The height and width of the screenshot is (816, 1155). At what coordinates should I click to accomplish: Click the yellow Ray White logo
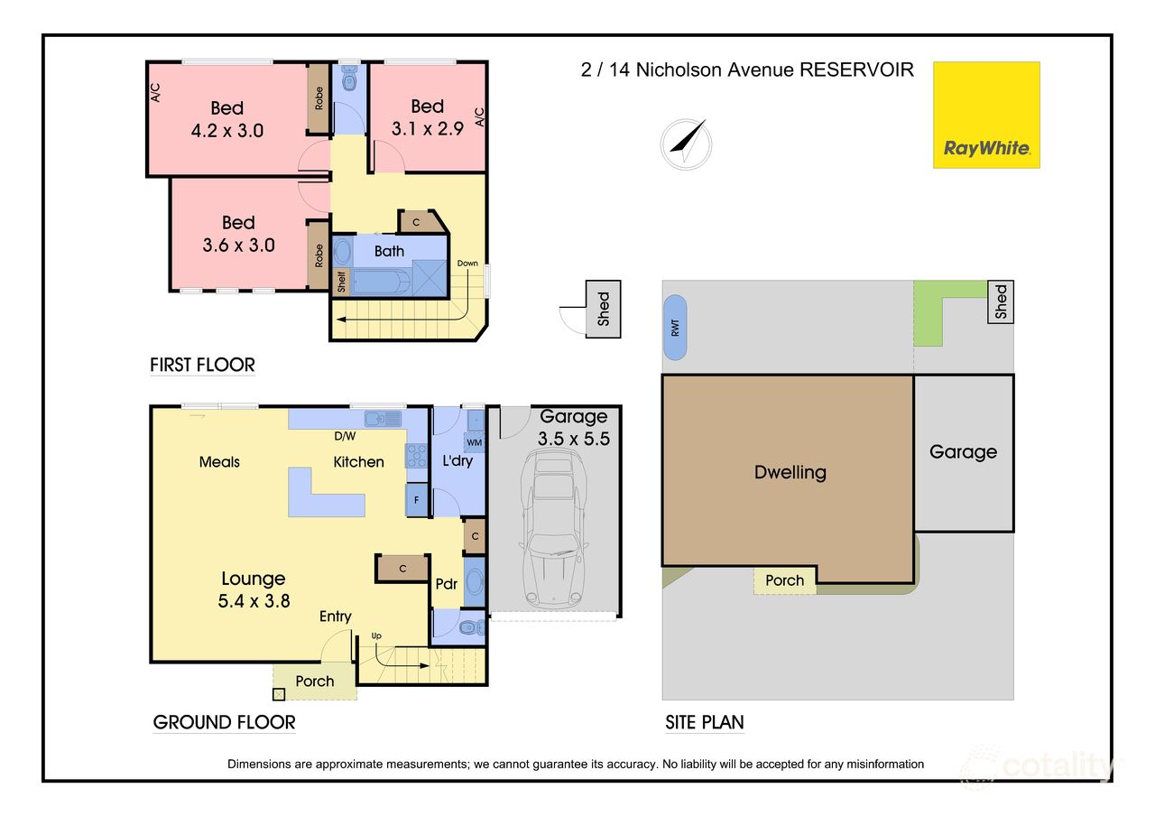986,115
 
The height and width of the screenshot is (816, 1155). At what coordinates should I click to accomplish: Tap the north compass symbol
686,144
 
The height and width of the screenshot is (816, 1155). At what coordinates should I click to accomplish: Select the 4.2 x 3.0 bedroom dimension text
227,130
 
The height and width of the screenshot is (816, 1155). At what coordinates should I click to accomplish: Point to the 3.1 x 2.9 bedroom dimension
427,128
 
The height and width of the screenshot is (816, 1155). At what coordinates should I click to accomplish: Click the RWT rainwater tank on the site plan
675,327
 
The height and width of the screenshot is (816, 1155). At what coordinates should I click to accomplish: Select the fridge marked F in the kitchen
416,499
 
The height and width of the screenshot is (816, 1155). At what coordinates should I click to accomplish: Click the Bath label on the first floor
389,251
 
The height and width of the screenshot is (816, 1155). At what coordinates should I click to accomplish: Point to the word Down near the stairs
467,264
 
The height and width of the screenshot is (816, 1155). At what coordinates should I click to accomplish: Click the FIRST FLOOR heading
202,366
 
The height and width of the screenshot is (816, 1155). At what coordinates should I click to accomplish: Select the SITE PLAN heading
704,722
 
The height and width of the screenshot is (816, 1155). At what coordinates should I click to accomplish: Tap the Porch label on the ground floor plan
315,681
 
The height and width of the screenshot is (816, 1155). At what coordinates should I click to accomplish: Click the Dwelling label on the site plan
790,472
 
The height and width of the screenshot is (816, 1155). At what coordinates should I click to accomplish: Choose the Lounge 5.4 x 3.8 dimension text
254,600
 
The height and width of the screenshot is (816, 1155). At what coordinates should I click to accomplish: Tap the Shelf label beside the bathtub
341,282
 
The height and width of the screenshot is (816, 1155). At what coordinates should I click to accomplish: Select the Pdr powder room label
446,584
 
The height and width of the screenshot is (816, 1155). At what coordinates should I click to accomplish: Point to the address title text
747,70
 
